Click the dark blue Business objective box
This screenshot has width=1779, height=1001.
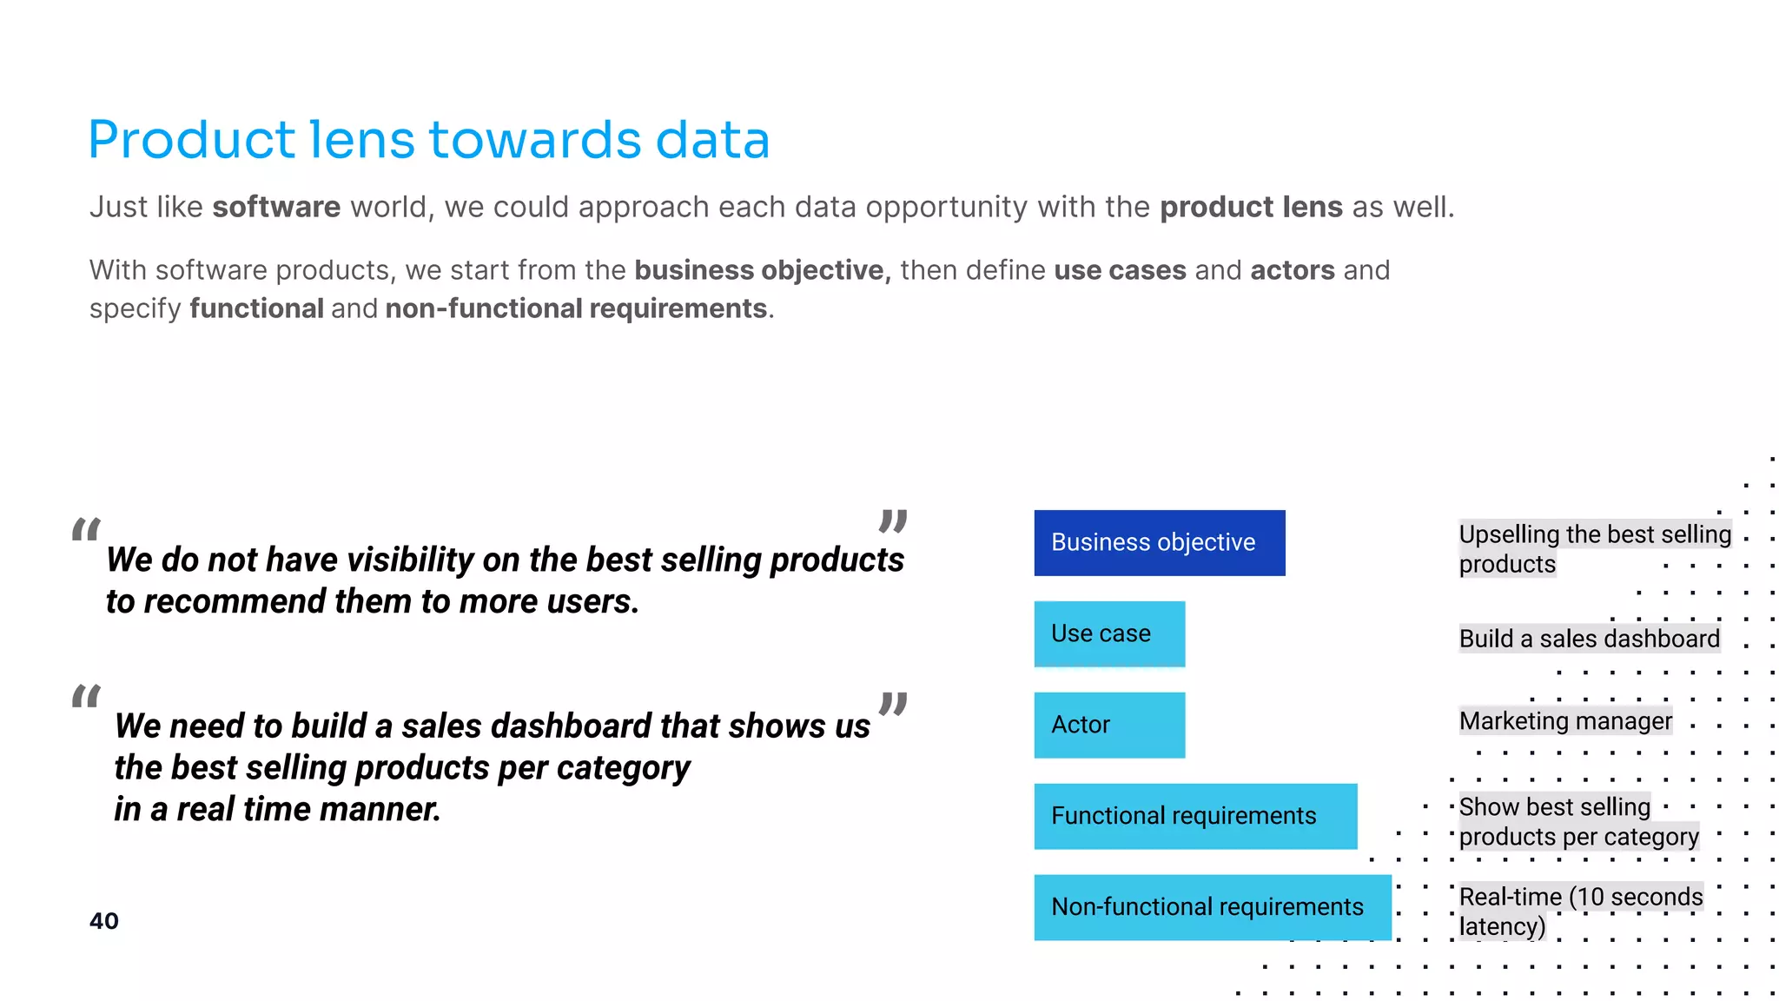coord(1159,542)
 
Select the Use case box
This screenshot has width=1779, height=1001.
coord(1108,633)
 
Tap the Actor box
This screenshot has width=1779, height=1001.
coord(1108,725)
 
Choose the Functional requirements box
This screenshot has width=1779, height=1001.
coord(1194,816)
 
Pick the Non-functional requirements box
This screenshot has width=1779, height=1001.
coord(1212,907)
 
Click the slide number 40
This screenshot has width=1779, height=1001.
coord(104,921)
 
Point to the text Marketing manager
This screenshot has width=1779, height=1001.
coord(1565,721)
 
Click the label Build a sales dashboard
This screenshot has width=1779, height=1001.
coord(1589,639)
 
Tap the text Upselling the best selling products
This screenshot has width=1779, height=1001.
coord(1594,548)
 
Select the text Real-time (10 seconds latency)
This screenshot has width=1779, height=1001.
coord(1580,911)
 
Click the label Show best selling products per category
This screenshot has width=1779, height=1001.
coord(1577,821)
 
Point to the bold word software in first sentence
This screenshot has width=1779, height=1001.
coord(276,207)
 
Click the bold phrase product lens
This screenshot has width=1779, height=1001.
coord(1251,207)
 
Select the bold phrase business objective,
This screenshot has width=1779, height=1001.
coord(763,270)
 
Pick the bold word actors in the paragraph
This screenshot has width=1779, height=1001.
coord(1292,270)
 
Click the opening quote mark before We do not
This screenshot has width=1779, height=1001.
coord(86,529)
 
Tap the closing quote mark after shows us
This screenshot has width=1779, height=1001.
coord(893,703)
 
